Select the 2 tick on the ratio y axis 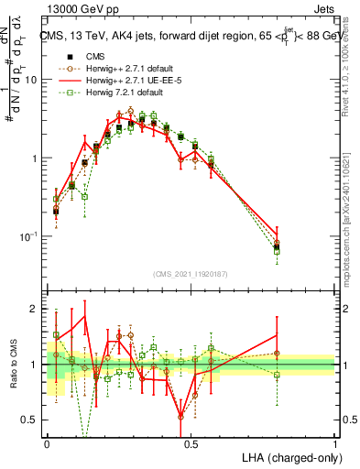[x=38, y=309]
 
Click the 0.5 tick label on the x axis [x=190, y=442]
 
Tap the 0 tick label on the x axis [x=47, y=442]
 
